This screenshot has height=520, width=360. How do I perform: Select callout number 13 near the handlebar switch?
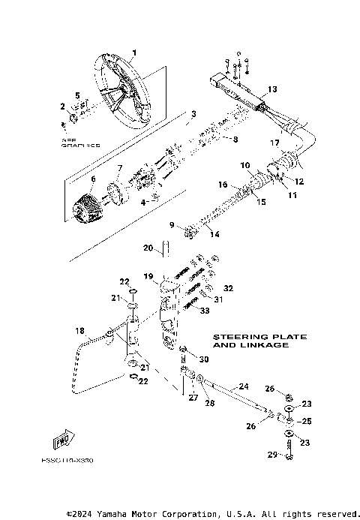coord(271,89)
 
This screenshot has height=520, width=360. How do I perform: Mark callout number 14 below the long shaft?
coord(215,235)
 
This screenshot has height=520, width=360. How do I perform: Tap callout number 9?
coord(171,224)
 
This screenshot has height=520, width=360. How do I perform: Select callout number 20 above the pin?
coord(148,248)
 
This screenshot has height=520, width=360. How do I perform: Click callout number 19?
coord(148,276)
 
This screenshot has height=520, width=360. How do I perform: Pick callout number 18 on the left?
coord(79,330)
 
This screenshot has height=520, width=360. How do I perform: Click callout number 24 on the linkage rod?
coord(242,386)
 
